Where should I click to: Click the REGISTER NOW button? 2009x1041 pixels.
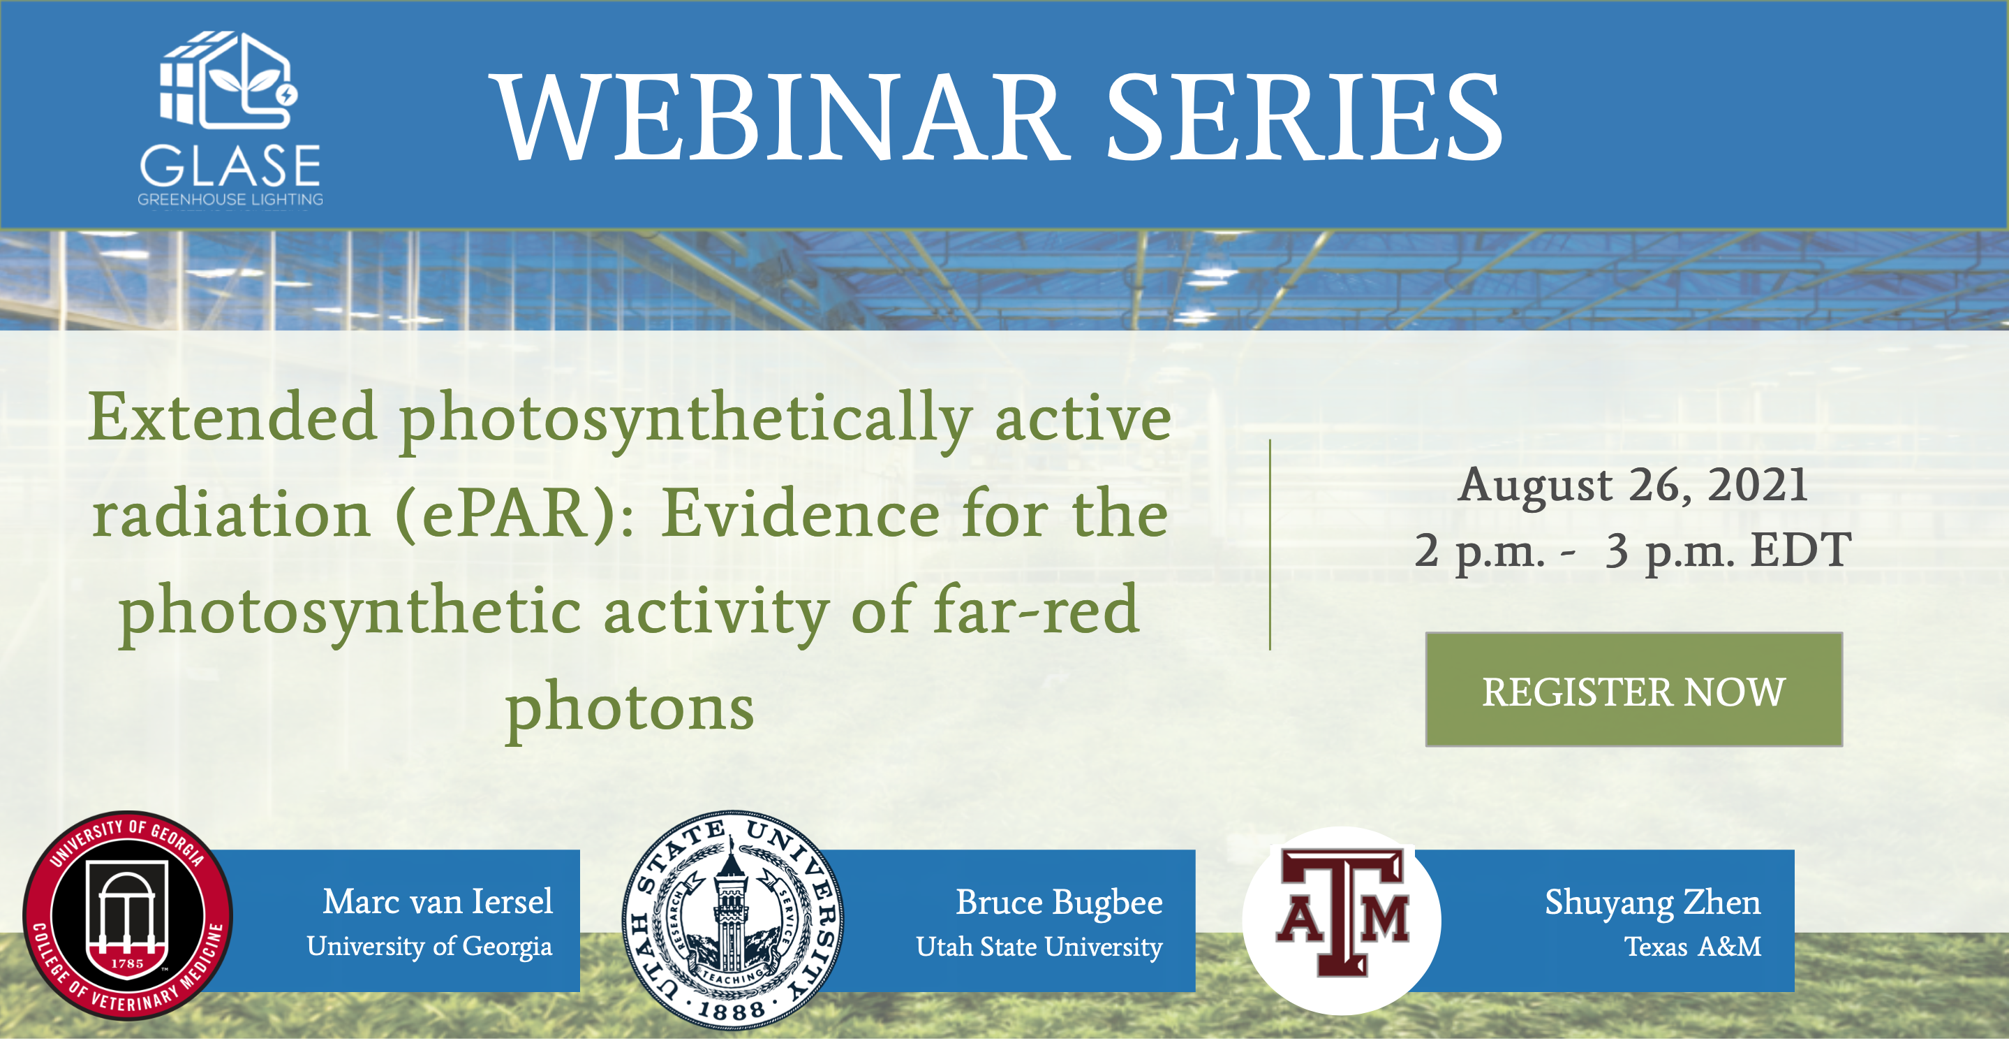pos(1634,690)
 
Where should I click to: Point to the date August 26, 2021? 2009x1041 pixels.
pos(1633,486)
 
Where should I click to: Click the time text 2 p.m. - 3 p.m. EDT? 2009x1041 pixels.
pos(1633,551)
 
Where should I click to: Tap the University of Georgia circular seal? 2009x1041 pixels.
pos(128,915)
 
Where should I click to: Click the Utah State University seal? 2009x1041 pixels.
pos(732,919)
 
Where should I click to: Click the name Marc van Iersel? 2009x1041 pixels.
pos(438,901)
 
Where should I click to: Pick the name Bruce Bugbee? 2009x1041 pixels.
pos(1059,903)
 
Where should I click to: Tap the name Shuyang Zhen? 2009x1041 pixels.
pos(1652,903)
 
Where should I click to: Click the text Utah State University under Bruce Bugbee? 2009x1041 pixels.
pos(1039,947)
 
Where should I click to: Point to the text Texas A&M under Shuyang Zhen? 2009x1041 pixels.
pos(1692,947)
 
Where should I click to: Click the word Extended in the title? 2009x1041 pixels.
pos(233,418)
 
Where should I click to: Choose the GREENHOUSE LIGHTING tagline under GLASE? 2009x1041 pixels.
pos(230,200)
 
